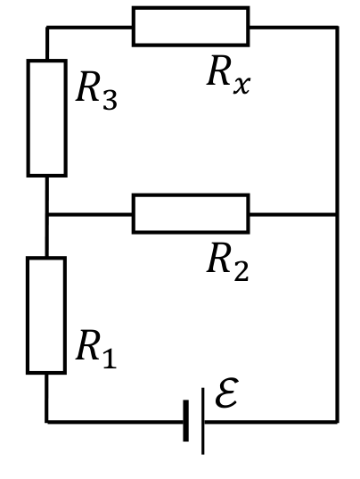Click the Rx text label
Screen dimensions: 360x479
click(228, 75)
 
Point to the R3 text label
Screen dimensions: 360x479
click(96, 90)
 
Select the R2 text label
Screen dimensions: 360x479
click(228, 262)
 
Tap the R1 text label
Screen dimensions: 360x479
click(96, 349)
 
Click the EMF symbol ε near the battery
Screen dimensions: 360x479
click(226, 392)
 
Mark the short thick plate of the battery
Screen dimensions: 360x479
click(186, 421)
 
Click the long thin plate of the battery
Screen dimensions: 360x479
click(203, 421)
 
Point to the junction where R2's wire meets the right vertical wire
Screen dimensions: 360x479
click(337, 214)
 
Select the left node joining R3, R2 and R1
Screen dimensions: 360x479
click(46, 214)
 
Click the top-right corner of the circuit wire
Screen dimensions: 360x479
click(337, 28)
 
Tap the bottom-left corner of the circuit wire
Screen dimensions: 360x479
click(46, 422)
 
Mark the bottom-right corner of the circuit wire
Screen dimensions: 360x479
click(337, 422)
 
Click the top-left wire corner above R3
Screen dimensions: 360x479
click(47, 28)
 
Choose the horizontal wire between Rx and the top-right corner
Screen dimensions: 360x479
click(294, 28)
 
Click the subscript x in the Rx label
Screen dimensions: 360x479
click(242, 86)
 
